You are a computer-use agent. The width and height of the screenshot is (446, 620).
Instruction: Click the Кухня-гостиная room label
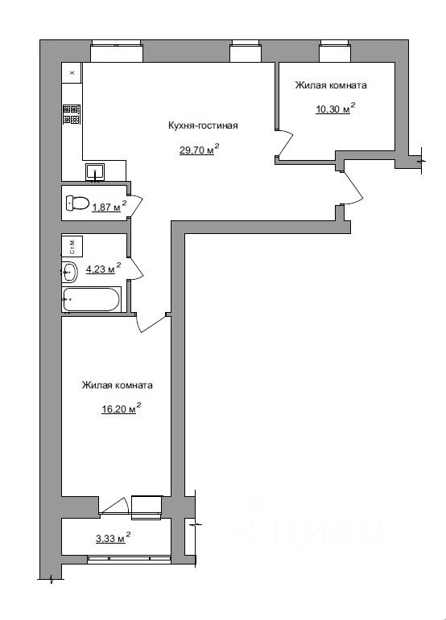coord(203,125)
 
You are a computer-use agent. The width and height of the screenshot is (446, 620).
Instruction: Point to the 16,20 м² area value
coord(122,409)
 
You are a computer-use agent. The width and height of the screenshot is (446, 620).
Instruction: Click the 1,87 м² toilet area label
coord(109,207)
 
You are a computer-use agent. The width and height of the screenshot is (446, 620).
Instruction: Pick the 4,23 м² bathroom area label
coord(104,269)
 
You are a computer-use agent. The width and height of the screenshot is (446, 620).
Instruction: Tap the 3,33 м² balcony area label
coord(114,538)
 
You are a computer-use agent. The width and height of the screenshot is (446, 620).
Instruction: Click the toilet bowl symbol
coord(77,203)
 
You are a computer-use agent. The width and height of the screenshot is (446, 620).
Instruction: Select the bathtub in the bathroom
coord(90,299)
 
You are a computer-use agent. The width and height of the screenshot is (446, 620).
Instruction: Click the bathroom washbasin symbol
coord(69,272)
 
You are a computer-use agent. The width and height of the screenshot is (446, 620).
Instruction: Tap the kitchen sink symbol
coord(95,171)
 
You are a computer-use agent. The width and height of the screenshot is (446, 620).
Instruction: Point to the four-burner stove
coord(72,114)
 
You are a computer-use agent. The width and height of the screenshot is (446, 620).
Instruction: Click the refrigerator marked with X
coord(72,72)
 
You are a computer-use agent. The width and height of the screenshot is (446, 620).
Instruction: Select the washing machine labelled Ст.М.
coord(72,246)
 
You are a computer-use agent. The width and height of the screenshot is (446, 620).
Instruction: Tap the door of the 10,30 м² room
coord(284,142)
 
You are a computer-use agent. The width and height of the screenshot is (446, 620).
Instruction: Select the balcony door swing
coord(115,505)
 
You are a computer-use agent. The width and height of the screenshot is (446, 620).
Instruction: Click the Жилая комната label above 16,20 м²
coord(118,385)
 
